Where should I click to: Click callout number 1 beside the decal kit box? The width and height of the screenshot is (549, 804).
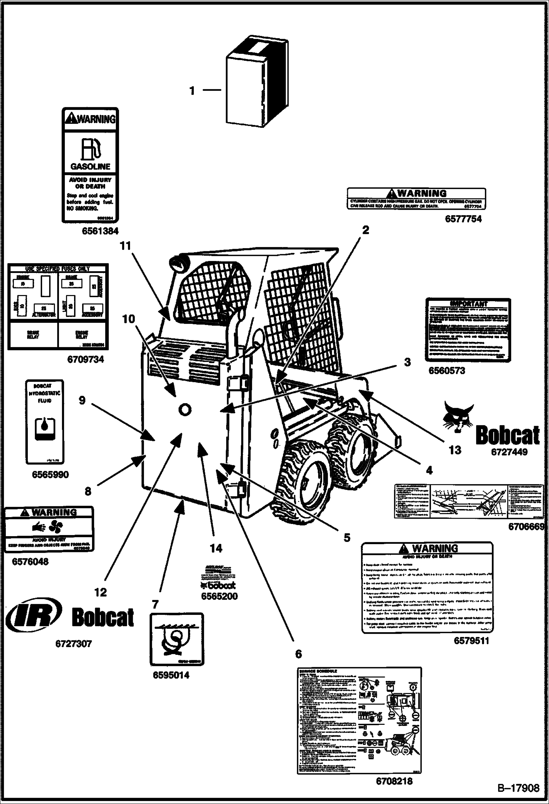(192, 91)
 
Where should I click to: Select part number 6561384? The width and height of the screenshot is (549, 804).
(100, 231)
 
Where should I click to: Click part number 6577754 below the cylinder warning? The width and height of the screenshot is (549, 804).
(463, 219)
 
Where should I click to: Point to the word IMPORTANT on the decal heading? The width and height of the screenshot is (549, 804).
(469, 303)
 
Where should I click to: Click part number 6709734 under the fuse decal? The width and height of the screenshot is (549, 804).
(85, 359)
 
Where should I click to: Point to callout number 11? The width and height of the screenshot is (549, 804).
(125, 246)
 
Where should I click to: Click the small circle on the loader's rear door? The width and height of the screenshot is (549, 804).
(184, 409)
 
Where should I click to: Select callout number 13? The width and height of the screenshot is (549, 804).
(455, 450)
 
